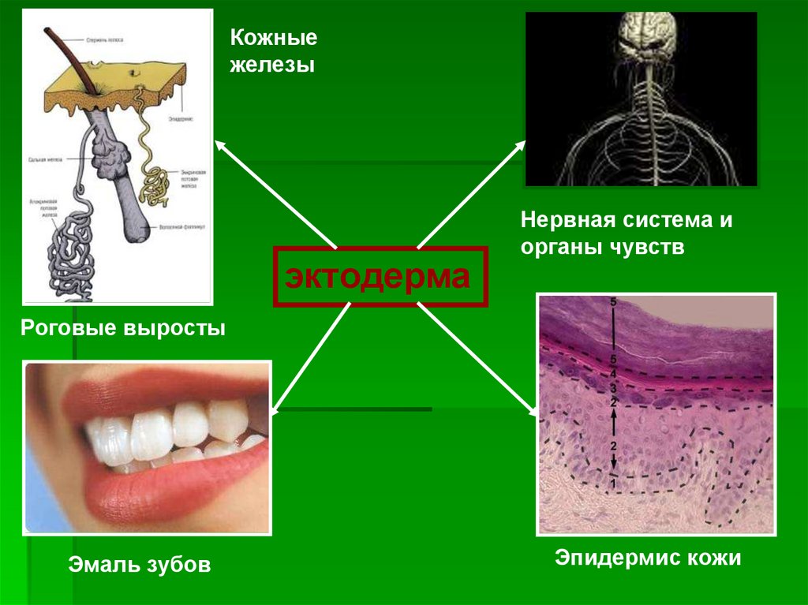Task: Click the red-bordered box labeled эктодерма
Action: pyautogui.click(x=380, y=277)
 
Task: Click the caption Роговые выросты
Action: pyautogui.click(x=123, y=327)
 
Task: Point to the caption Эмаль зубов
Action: pyautogui.click(x=139, y=565)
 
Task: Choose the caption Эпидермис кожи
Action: pyautogui.click(x=648, y=558)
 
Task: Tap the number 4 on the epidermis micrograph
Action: pyautogui.click(x=613, y=374)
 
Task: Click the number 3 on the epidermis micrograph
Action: pyautogui.click(x=613, y=387)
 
